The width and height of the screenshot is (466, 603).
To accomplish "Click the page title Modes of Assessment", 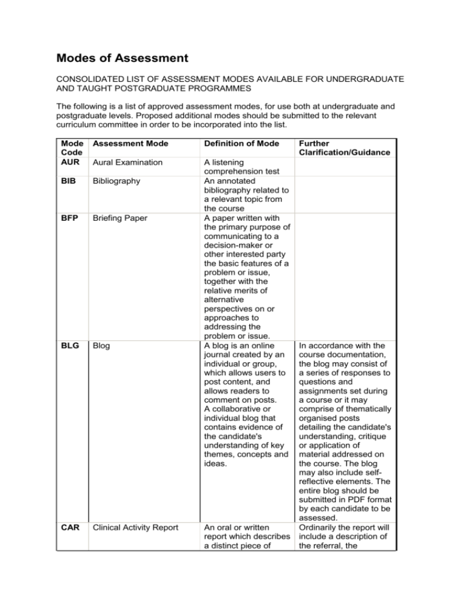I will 122,58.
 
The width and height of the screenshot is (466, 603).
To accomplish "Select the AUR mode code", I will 69,163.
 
